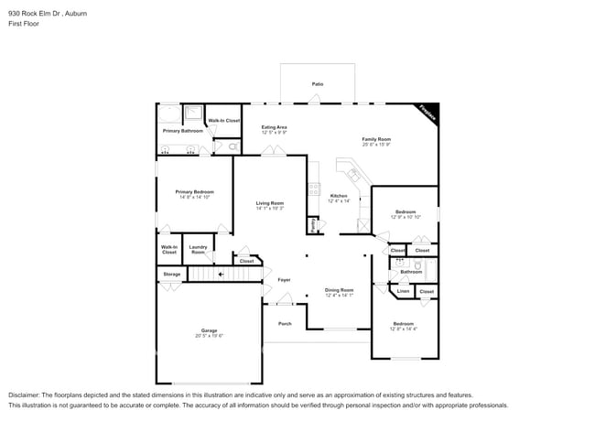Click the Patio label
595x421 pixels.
[x=317, y=83]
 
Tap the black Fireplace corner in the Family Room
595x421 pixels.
[x=429, y=112]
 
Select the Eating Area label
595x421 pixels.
[x=274, y=127]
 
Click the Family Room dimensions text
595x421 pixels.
[x=376, y=144]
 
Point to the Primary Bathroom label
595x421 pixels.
[x=183, y=131]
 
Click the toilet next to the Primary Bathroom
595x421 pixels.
[x=233, y=146]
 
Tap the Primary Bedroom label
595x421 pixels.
[x=194, y=191]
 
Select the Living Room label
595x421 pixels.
[x=269, y=203]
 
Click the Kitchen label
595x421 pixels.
[x=339, y=196]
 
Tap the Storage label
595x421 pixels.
[x=171, y=274]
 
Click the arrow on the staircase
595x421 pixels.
[x=220, y=274]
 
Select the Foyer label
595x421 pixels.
[x=284, y=279]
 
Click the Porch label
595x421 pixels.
[x=285, y=323]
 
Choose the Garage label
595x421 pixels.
[x=210, y=330]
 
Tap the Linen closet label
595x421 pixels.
[x=403, y=291]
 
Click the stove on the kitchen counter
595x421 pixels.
[x=313, y=191]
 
